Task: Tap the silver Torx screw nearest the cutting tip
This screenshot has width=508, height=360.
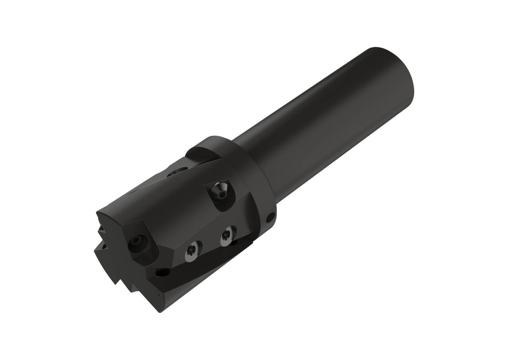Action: pyautogui.click(x=193, y=251)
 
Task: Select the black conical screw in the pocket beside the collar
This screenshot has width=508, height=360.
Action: pyautogui.click(x=219, y=190)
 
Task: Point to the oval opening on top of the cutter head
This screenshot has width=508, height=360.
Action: pyautogui.click(x=177, y=172)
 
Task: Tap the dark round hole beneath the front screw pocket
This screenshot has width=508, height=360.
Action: pyautogui.click(x=162, y=272)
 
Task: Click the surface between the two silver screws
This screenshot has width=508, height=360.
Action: pyautogui.click(x=210, y=243)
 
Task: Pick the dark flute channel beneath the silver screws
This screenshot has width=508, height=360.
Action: pyautogui.click(x=198, y=270)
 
